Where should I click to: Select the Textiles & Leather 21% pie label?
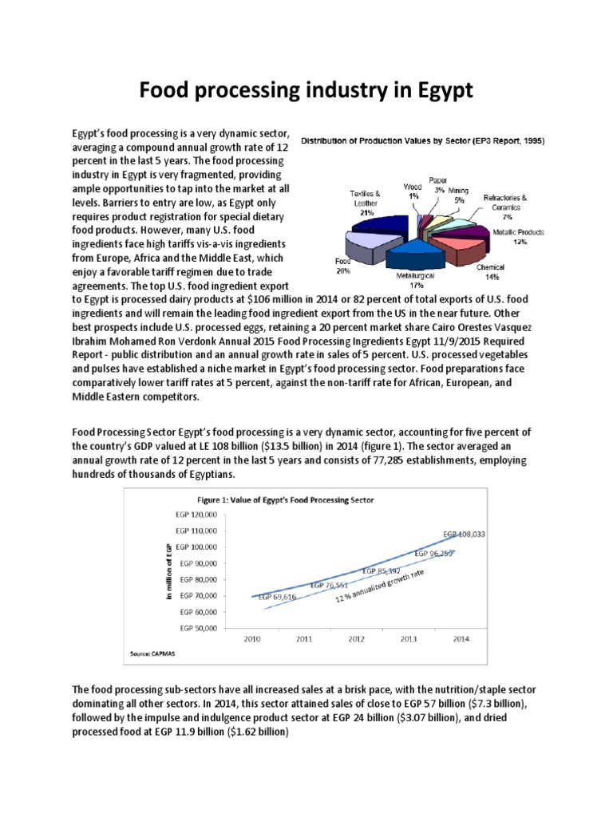pos(366,203)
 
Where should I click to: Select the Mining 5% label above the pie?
pos(458,195)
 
